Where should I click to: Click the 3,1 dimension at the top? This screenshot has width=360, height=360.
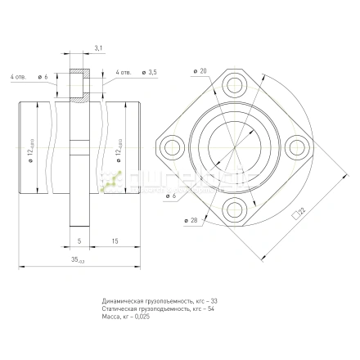[97, 49]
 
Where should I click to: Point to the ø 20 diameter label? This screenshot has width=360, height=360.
[201, 70]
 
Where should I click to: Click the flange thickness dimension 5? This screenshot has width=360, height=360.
[78, 242]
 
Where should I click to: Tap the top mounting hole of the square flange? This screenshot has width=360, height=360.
[239, 83]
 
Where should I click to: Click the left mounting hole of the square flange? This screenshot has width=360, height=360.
[173, 148]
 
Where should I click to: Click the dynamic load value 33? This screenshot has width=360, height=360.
[215, 302]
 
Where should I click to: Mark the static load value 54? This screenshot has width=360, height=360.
[212, 309]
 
